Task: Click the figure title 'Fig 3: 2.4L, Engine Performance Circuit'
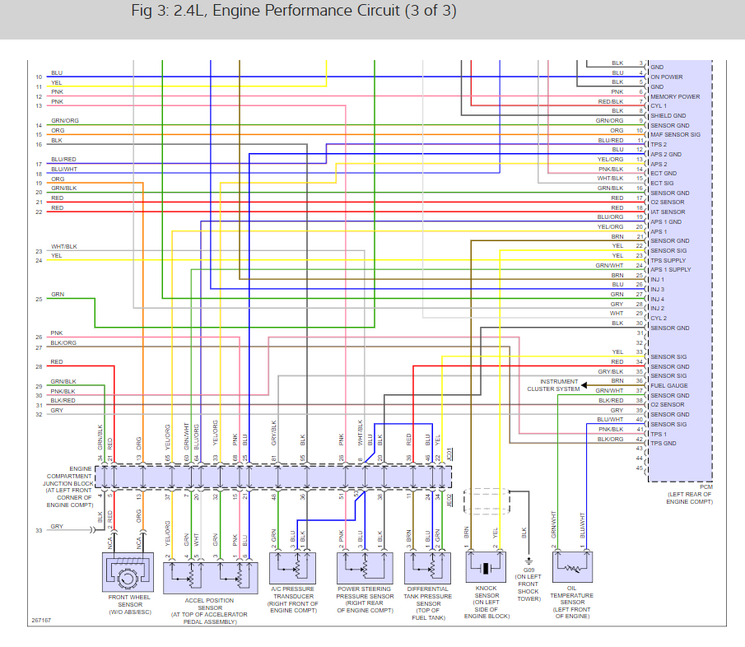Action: [x=293, y=12]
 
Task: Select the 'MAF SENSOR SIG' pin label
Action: [x=675, y=135]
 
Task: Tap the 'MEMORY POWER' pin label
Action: [x=675, y=96]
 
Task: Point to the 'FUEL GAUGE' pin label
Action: [x=668, y=386]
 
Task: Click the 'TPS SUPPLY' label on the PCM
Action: [x=668, y=260]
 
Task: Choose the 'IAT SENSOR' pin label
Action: [x=667, y=212]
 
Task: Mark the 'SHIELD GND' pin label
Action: [x=668, y=116]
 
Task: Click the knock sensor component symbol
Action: [x=487, y=568]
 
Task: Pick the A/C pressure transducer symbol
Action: [x=291, y=568]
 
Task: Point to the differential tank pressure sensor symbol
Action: [x=427, y=568]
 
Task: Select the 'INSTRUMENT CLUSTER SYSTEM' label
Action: [x=560, y=385]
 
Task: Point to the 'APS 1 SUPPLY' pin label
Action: [x=671, y=270]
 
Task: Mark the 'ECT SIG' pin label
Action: [x=662, y=184]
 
